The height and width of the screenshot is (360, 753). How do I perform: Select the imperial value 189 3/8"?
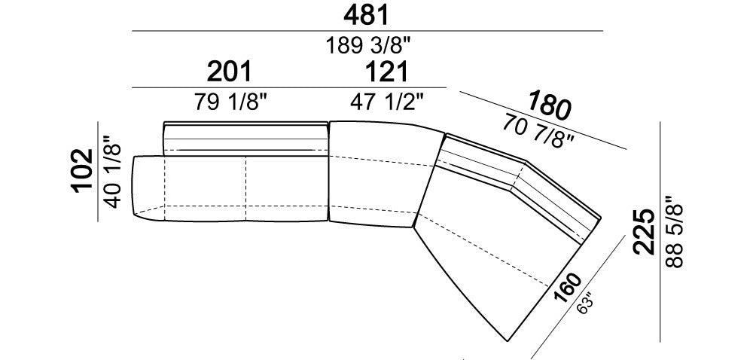coord(368,46)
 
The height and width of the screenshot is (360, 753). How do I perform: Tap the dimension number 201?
coord(229,72)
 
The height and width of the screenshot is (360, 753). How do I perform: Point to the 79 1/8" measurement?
coord(230,102)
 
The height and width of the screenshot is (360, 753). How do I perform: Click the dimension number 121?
coord(386,72)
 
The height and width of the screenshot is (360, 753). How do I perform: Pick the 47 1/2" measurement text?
coord(387,102)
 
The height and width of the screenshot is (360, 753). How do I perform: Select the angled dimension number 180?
coord(550,105)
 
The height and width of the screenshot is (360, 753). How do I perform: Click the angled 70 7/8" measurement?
coord(538,131)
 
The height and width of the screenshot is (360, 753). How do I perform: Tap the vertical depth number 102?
coord(82,170)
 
